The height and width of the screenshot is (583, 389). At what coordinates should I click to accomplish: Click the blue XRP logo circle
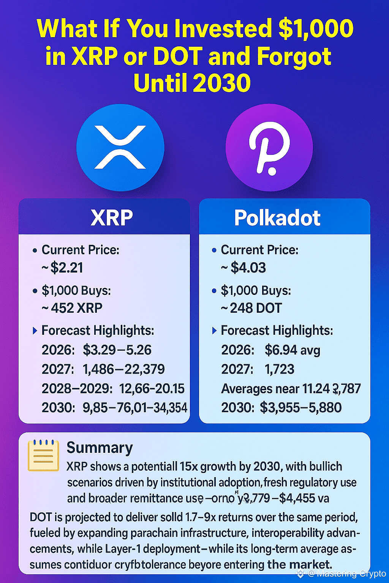coord(120,147)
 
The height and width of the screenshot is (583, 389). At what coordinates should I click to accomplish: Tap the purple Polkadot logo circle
coord(269,147)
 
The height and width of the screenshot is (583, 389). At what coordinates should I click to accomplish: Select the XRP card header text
coord(112,218)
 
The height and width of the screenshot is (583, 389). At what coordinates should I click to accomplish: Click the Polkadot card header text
coord(277,218)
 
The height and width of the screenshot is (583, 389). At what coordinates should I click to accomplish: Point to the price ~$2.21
coord(63,268)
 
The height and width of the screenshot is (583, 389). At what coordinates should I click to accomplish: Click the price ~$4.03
coord(244,268)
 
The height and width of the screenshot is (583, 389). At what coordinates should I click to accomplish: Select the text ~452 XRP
coord(72,308)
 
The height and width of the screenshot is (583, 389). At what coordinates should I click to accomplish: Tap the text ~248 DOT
coord(251,308)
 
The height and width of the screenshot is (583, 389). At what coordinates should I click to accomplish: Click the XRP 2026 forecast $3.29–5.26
coord(117,350)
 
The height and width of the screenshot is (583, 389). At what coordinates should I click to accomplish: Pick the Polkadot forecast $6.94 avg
coord(292,350)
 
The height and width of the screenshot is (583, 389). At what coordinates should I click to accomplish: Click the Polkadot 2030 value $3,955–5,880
coord(300,408)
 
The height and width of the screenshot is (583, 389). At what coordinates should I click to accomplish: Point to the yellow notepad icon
coord(43,455)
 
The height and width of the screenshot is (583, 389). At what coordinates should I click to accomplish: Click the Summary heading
coord(100,448)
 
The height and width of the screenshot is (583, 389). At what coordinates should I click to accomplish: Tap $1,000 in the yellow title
coord(316,28)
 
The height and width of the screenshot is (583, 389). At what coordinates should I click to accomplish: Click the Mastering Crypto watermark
coord(346,574)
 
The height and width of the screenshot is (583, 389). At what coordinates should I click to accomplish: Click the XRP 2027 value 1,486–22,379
coord(124,369)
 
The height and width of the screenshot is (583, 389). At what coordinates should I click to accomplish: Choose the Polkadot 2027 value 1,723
coord(279,369)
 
